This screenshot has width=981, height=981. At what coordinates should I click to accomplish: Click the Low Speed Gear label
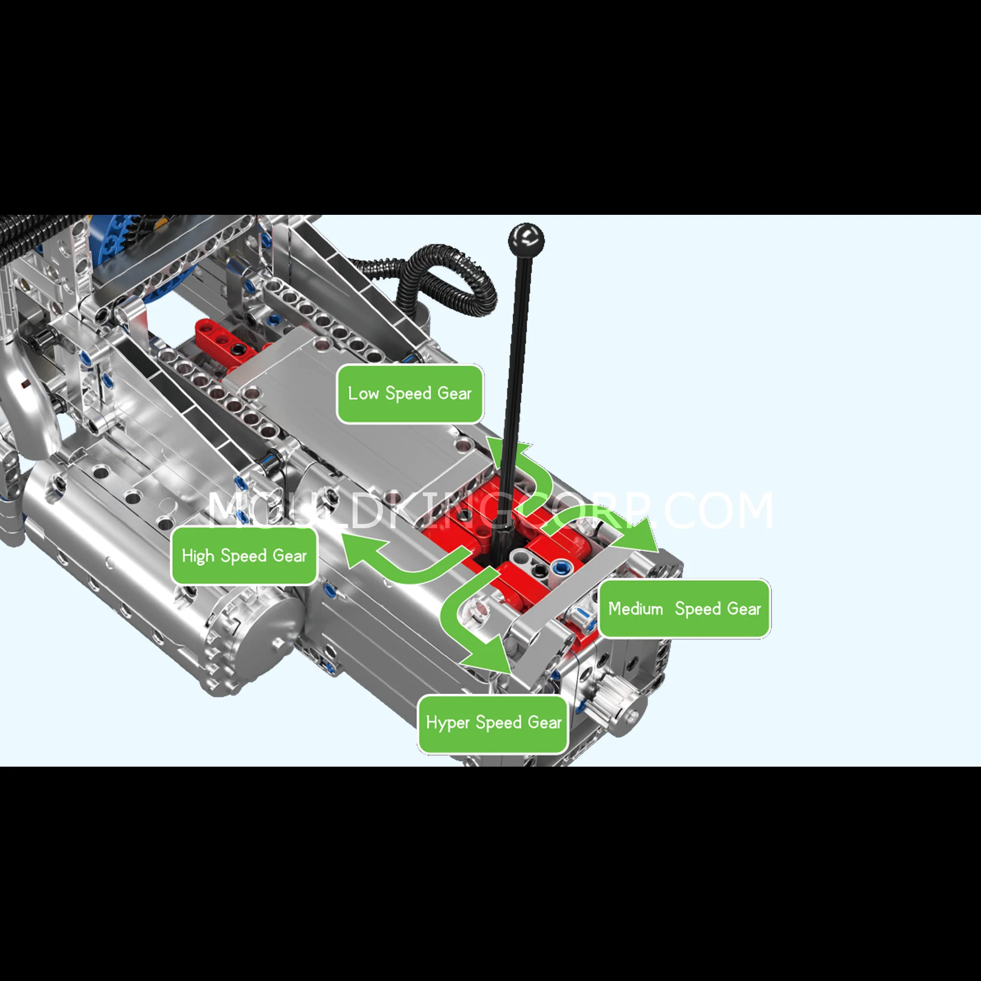pyautogui.click(x=410, y=393)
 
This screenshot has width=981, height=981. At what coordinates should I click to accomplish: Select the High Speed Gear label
pyautogui.click(x=244, y=556)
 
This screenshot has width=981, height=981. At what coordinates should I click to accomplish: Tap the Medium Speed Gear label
pyautogui.click(x=684, y=608)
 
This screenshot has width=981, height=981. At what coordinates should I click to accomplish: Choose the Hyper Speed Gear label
pyautogui.click(x=493, y=723)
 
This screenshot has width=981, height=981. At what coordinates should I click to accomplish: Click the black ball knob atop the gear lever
pyautogui.click(x=526, y=240)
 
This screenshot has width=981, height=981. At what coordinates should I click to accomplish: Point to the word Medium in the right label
pyautogui.click(x=636, y=608)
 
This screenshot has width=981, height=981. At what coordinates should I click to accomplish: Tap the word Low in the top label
pyautogui.click(x=363, y=393)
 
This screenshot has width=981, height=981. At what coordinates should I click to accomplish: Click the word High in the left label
pyautogui.click(x=198, y=556)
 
